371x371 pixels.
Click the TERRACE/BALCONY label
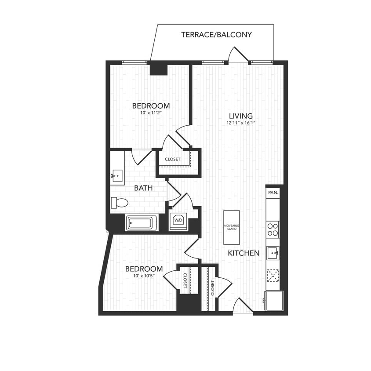click(x=216, y=35)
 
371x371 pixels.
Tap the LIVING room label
click(x=240, y=116)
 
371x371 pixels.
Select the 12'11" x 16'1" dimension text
click(x=240, y=123)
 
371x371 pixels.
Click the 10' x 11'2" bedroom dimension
click(x=151, y=113)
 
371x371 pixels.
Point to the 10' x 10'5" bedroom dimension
click(x=144, y=276)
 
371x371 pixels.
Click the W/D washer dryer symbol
click(x=178, y=219)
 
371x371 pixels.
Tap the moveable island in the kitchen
click(x=231, y=227)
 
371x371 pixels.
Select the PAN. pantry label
click(x=273, y=193)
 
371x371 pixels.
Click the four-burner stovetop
click(x=273, y=229)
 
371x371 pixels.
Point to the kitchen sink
click(x=273, y=253)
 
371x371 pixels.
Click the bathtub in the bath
click(x=141, y=223)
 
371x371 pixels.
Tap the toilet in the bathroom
click(x=119, y=203)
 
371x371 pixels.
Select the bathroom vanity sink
click(x=117, y=176)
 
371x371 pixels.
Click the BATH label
click(x=143, y=188)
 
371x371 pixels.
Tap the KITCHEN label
click(x=244, y=253)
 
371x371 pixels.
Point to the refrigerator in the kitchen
click(x=273, y=300)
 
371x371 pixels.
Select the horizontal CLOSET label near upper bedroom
click(x=172, y=159)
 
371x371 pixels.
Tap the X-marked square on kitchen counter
click(x=273, y=276)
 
